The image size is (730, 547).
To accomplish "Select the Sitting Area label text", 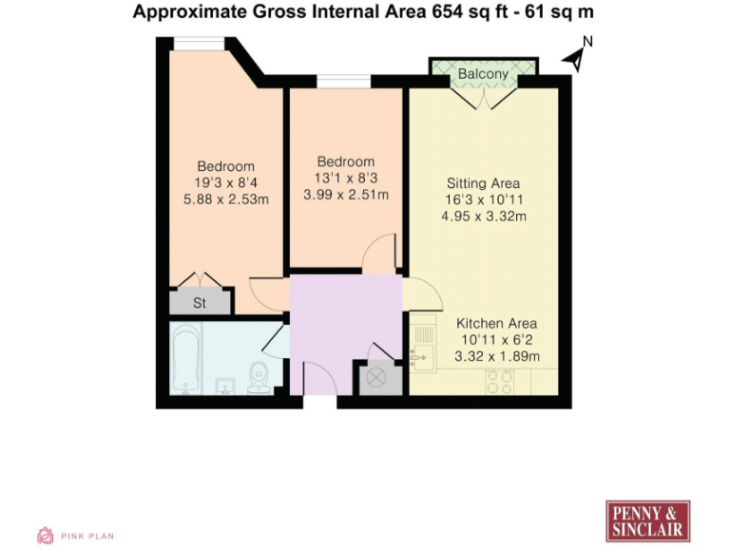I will coord(484,183).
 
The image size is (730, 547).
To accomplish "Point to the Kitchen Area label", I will coord(497,323).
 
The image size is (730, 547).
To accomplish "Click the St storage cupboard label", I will coord(200,304).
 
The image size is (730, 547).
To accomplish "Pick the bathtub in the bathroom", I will coord(186,359).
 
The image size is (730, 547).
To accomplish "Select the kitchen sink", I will coord(422,356).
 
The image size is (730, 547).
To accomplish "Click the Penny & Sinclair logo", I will coord(647,520).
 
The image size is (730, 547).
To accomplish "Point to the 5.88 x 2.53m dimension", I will coord(226,199).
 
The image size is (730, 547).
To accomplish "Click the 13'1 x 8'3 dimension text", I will coord(346,179).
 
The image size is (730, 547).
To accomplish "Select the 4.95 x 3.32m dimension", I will coord(484,217).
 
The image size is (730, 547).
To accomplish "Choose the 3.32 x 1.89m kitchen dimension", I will coord(497,356).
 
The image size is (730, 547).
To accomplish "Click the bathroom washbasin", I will coord(224,386).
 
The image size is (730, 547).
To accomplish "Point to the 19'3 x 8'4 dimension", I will coord(226,183).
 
